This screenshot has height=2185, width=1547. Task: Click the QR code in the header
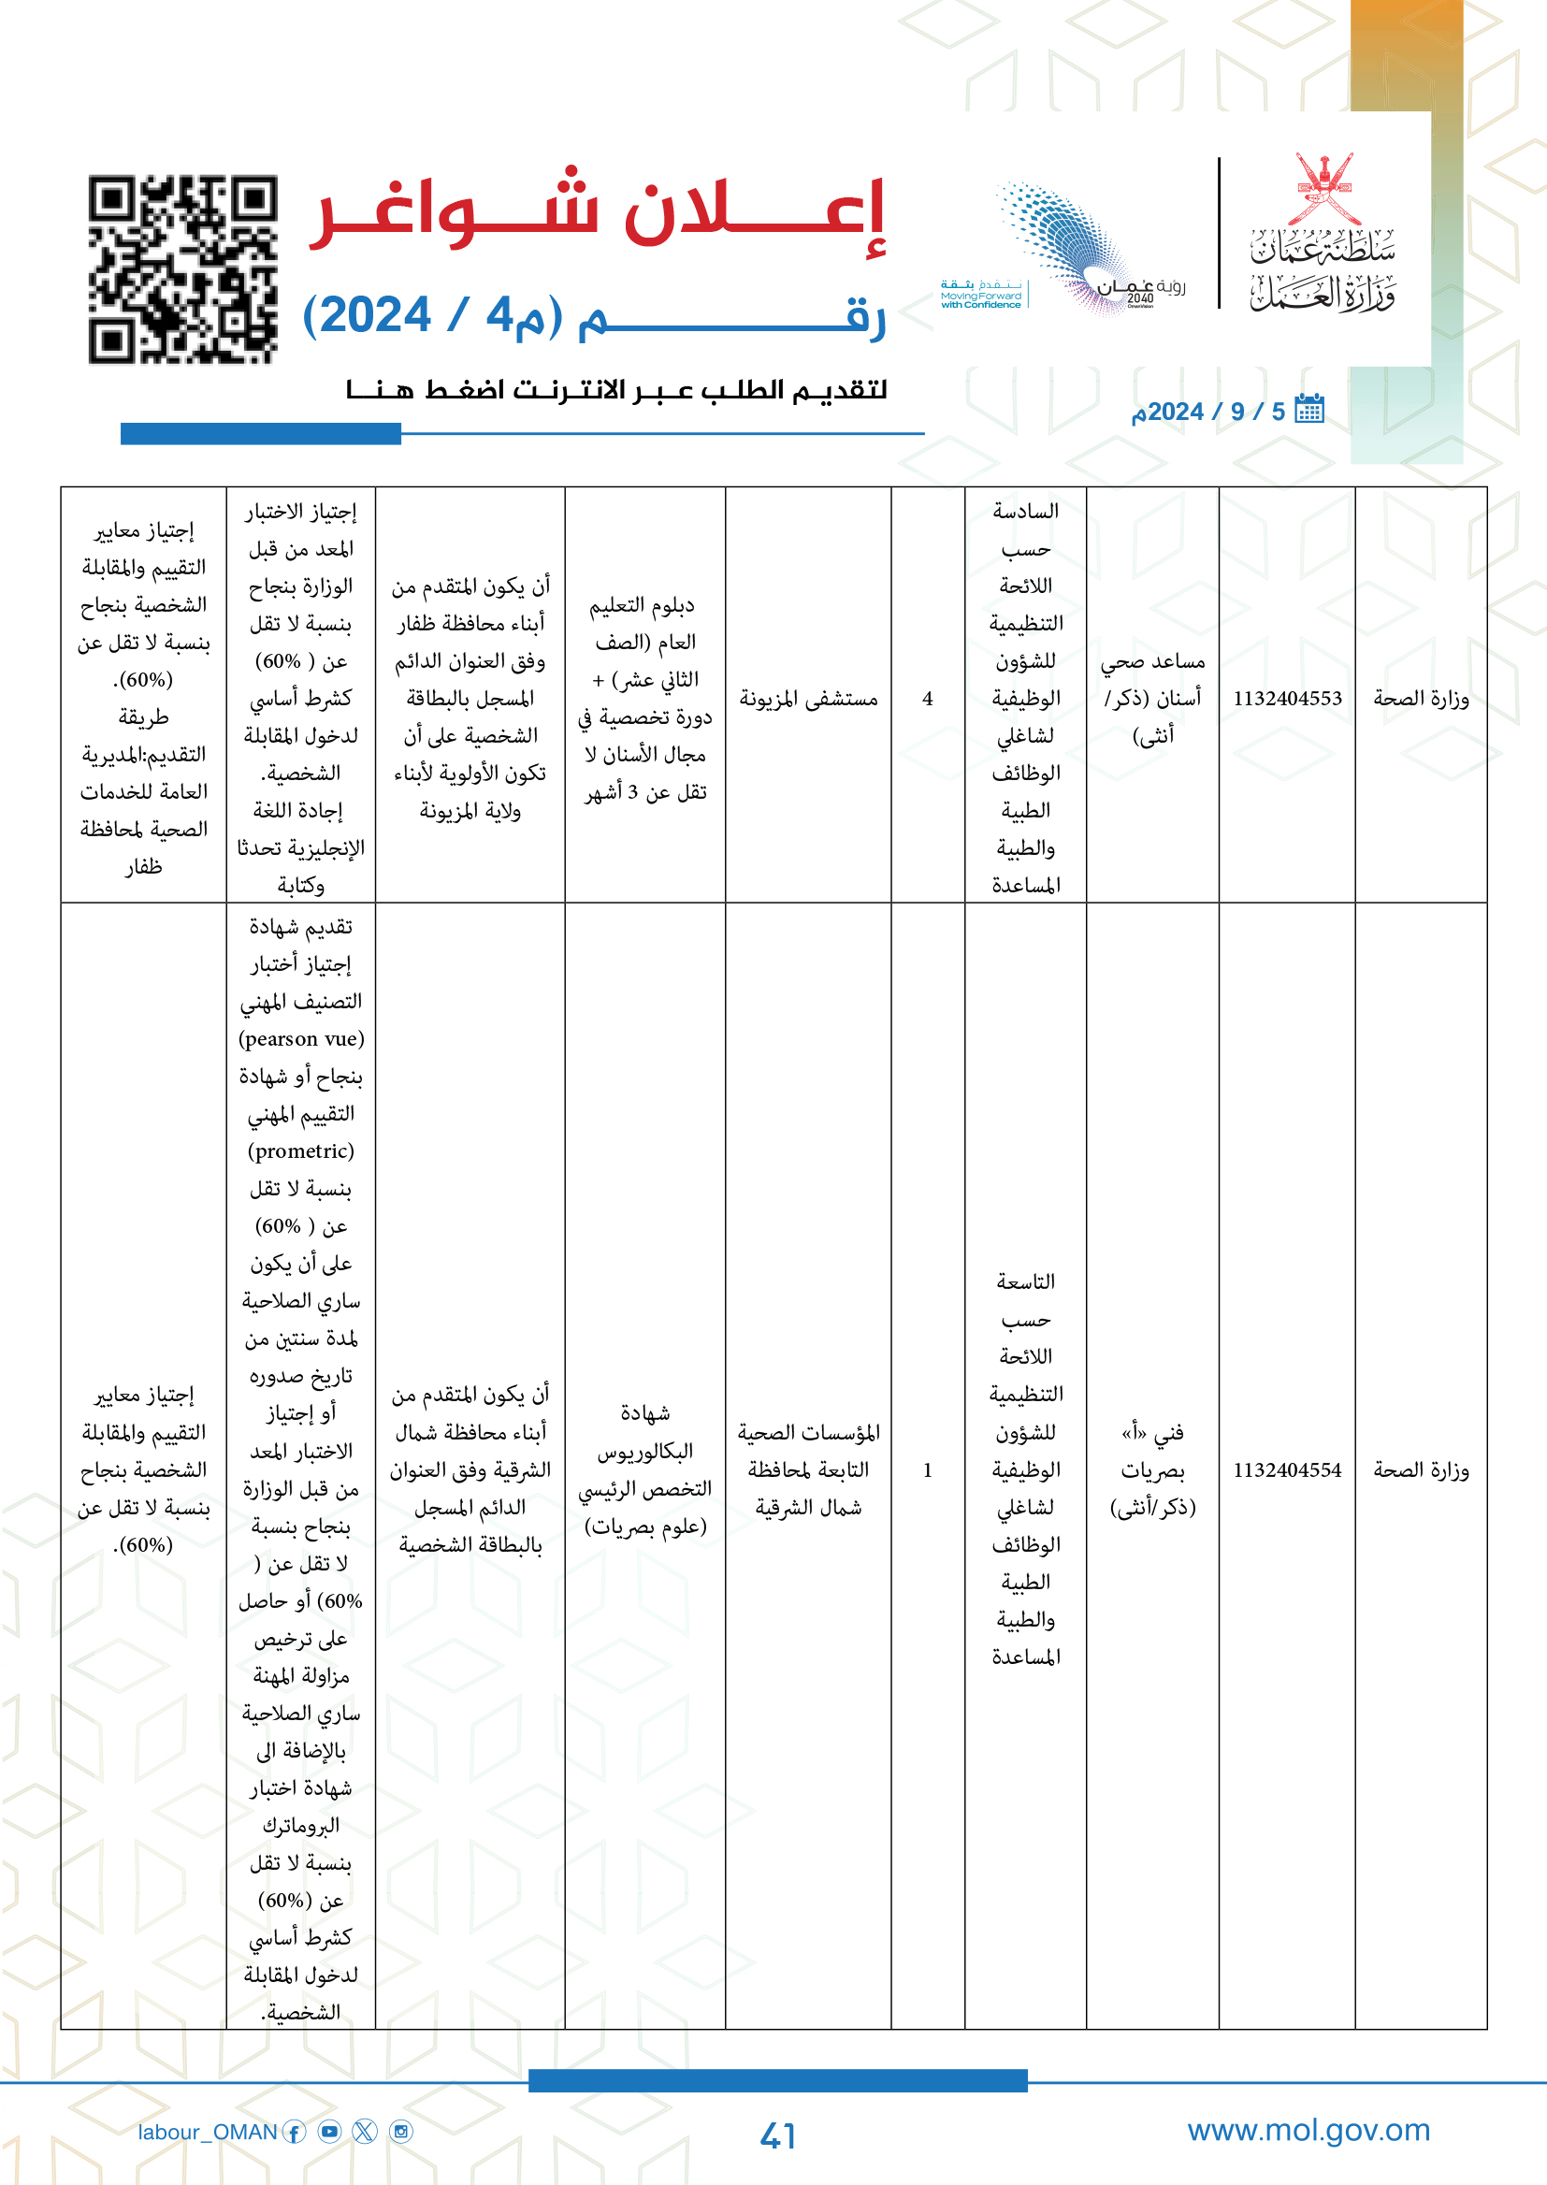[183, 268]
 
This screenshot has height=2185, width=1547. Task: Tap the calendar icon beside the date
[1309, 410]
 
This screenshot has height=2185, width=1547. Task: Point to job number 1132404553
[1287, 698]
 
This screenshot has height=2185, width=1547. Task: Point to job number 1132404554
[1287, 1469]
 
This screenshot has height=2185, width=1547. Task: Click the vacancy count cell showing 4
[927, 698]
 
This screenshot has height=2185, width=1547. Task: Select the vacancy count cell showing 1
[927, 1469]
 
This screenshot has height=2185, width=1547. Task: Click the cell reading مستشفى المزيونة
[808, 699]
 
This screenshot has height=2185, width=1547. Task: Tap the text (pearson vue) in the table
[301, 1038]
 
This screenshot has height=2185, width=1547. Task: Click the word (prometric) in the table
[301, 1150]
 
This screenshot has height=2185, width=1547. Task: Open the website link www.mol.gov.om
[1308, 2130]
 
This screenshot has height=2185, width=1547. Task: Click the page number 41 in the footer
[777, 2135]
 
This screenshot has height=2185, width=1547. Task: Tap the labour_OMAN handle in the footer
[207, 2132]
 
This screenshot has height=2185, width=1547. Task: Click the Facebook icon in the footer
[296, 2132]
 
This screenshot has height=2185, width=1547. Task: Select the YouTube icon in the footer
[329, 2132]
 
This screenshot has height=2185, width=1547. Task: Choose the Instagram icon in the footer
[402, 2132]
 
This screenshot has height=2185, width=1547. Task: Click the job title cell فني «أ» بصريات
[1152, 1469]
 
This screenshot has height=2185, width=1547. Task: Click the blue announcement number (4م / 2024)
[433, 315]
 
